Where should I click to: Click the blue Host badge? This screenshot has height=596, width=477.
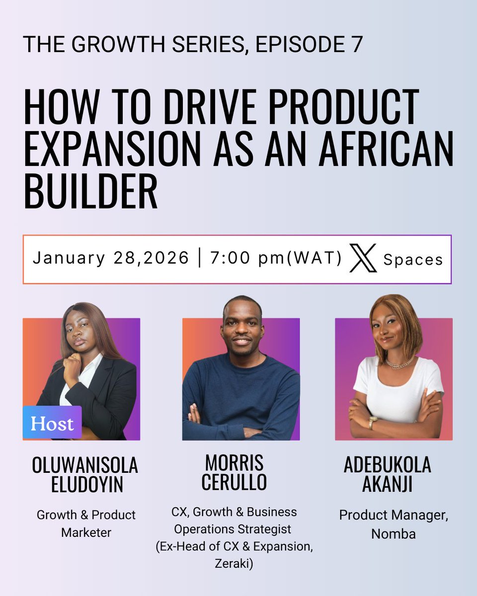(52, 423)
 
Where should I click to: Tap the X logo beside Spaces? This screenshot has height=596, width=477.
(363, 259)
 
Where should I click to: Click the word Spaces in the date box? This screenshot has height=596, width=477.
(412, 260)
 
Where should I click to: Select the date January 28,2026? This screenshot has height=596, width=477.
(111, 259)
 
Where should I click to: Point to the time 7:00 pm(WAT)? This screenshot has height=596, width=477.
(276, 259)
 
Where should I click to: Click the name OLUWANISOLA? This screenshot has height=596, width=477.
(85, 465)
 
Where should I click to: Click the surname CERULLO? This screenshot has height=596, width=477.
(234, 482)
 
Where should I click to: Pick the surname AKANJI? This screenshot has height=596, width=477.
(388, 484)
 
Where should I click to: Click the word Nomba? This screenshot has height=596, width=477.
(394, 534)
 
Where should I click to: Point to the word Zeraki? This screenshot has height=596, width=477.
(234, 564)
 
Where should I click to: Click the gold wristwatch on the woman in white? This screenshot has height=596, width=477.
(373, 423)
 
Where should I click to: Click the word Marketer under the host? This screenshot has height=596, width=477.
(86, 532)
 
